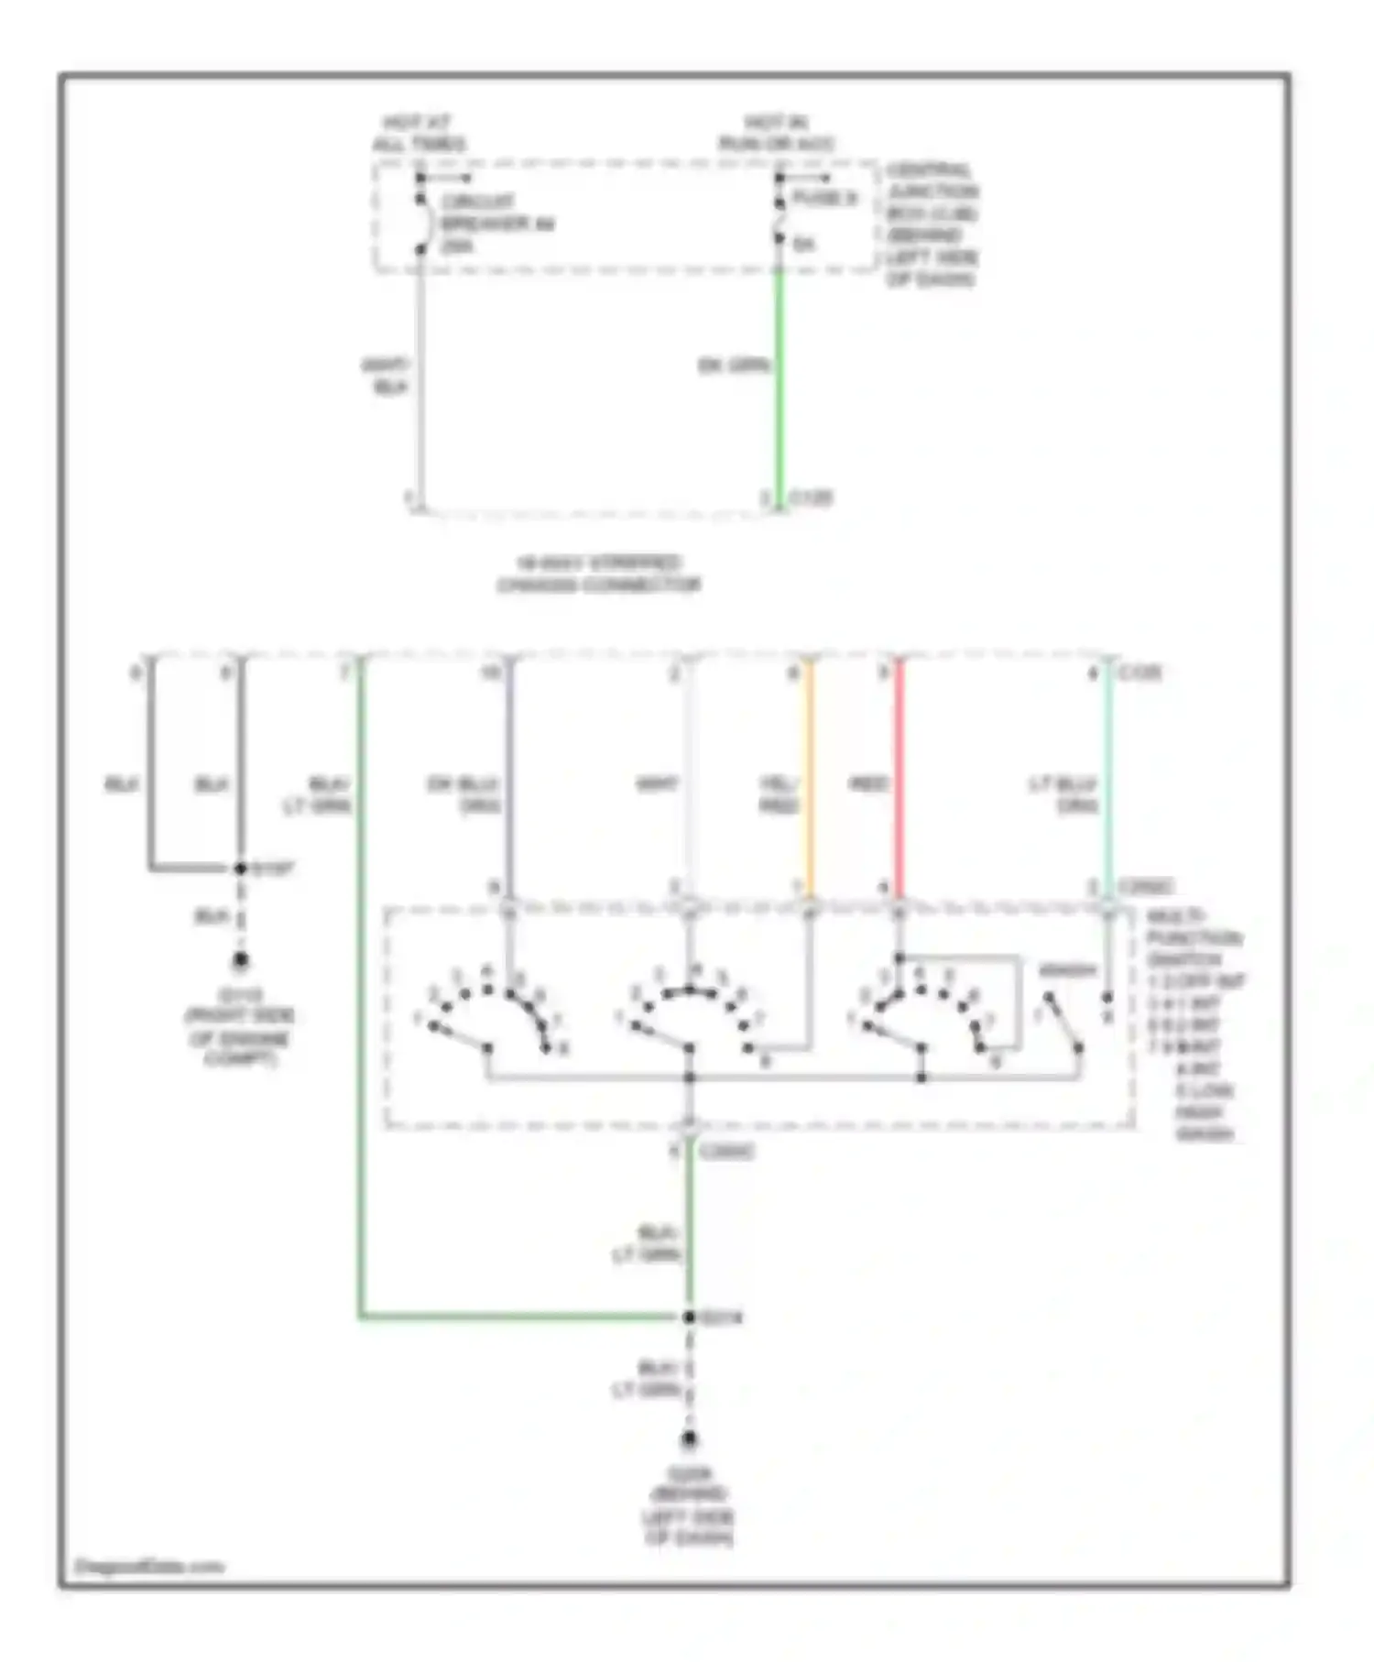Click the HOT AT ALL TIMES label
point(418,134)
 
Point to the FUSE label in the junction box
point(823,199)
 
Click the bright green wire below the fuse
point(779,385)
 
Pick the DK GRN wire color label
point(733,366)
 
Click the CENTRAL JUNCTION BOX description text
point(931,224)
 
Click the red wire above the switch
point(900,779)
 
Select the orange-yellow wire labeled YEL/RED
point(809,779)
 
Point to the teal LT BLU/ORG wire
point(1108,779)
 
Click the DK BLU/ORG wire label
point(464,794)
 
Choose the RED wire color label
point(868,784)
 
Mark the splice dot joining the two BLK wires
point(240,868)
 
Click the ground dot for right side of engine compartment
point(240,960)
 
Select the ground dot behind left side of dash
point(690,1439)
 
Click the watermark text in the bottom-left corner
point(148,1566)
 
